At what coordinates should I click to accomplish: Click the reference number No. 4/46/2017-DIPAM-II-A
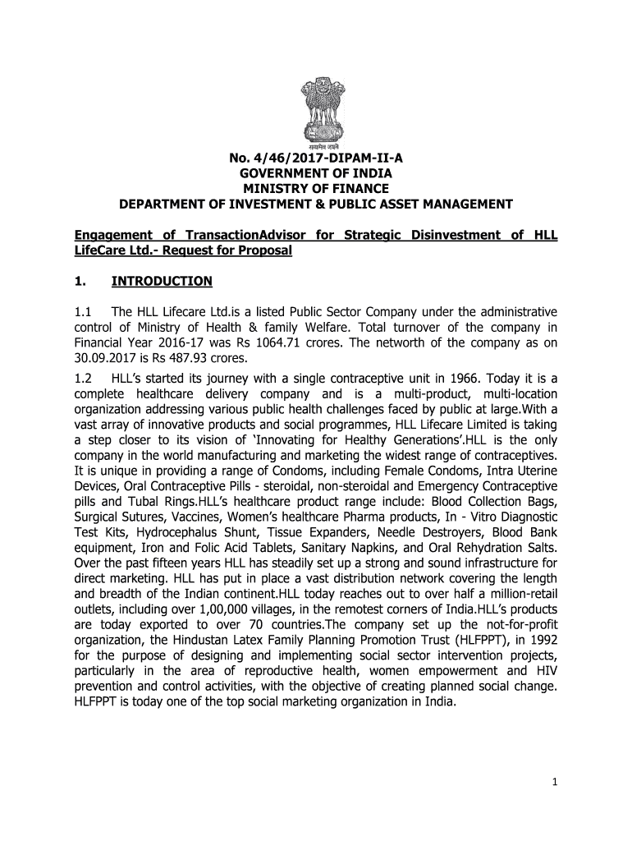(316, 159)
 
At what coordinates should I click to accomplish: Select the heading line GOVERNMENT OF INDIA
(316, 174)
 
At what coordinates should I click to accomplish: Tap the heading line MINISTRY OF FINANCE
(316, 189)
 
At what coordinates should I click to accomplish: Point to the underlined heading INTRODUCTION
(162, 281)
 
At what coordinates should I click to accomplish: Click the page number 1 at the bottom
(555, 782)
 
